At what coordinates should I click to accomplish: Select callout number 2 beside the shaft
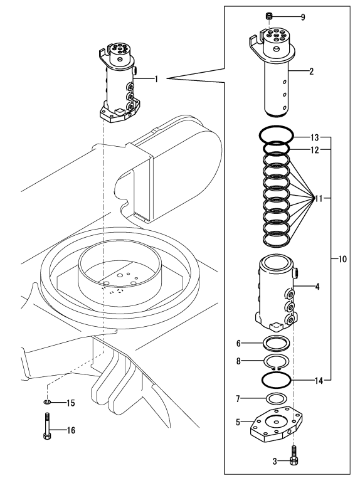310,71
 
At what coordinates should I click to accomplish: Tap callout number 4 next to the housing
317,287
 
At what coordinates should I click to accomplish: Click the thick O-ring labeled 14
276,380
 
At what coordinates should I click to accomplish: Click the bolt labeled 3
294,462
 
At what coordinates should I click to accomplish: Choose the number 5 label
239,422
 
